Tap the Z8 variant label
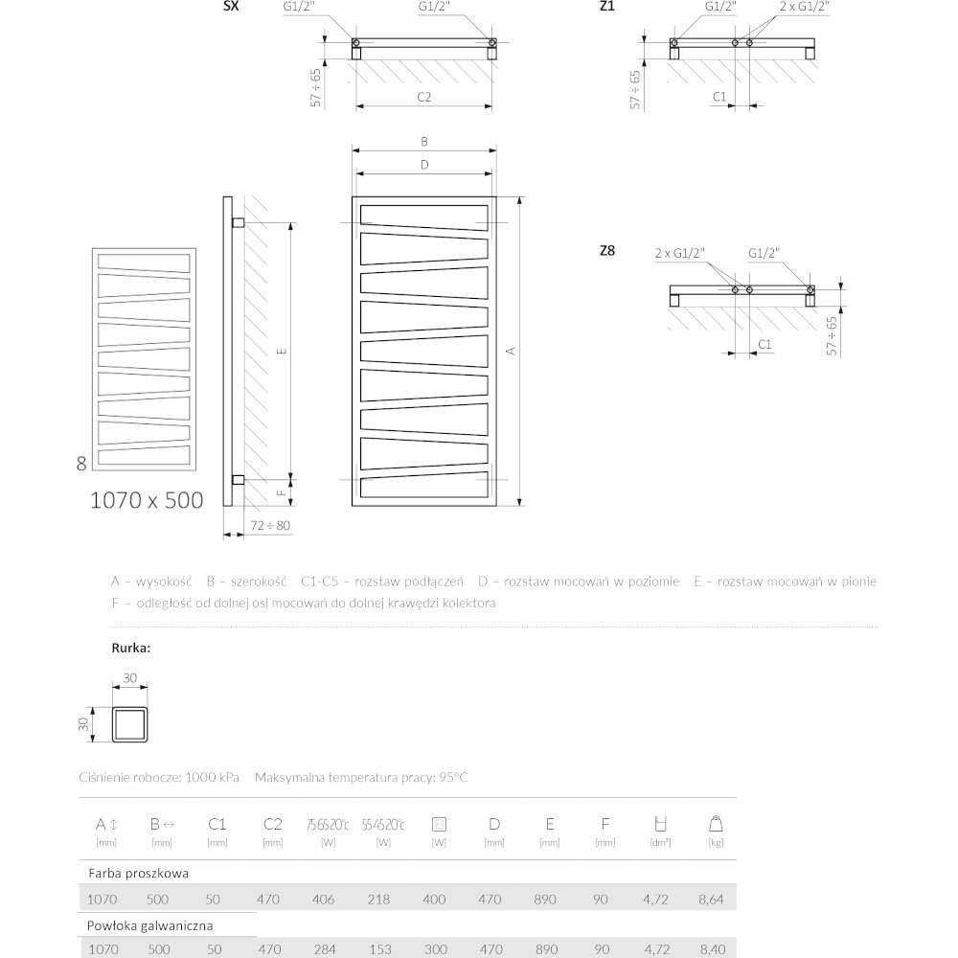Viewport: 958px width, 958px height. click(606, 251)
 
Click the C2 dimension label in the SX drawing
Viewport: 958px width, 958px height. click(424, 97)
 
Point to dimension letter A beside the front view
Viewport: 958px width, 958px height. click(512, 352)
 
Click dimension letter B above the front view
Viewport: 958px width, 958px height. click(424, 141)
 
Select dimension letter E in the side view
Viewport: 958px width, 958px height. click(282, 352)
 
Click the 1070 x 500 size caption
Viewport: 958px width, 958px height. click(147, 499)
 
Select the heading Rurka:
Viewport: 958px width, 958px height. click(131, 649)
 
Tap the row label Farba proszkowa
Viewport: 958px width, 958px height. click(138, 874)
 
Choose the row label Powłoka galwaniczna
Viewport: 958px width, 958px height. click(149, 925)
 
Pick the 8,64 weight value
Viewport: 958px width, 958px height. click(714, 901)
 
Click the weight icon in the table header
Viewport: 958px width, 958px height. click(714, 823)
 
